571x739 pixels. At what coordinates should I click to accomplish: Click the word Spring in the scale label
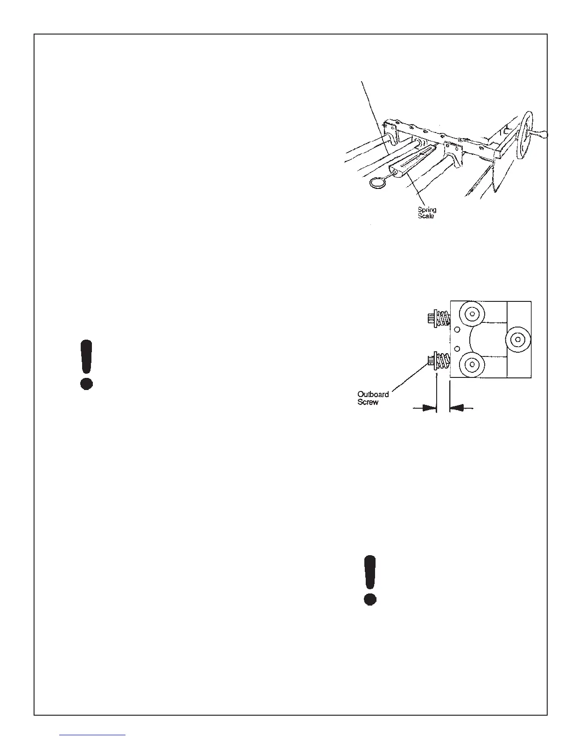click(x=427, y=210)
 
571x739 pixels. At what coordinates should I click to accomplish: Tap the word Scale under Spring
click(x=425, y=216)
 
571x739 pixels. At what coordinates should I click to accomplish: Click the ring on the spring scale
click(x=377, y=183)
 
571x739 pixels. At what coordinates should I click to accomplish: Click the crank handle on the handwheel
click(x=541, y=135)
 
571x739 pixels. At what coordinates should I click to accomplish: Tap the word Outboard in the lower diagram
click(x=373, y=395)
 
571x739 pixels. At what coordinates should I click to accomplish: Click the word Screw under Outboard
click(x=368, y=402)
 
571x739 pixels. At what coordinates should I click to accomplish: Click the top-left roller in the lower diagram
click(x=472, y=314)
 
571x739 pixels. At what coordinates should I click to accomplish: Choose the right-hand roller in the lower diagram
click(x=517, y=339)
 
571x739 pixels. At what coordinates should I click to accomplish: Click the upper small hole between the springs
click(x=457, y=329)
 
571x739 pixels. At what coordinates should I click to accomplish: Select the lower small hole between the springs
click(x=457, y=349)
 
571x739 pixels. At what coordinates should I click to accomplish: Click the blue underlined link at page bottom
click(x=93, y=735)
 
